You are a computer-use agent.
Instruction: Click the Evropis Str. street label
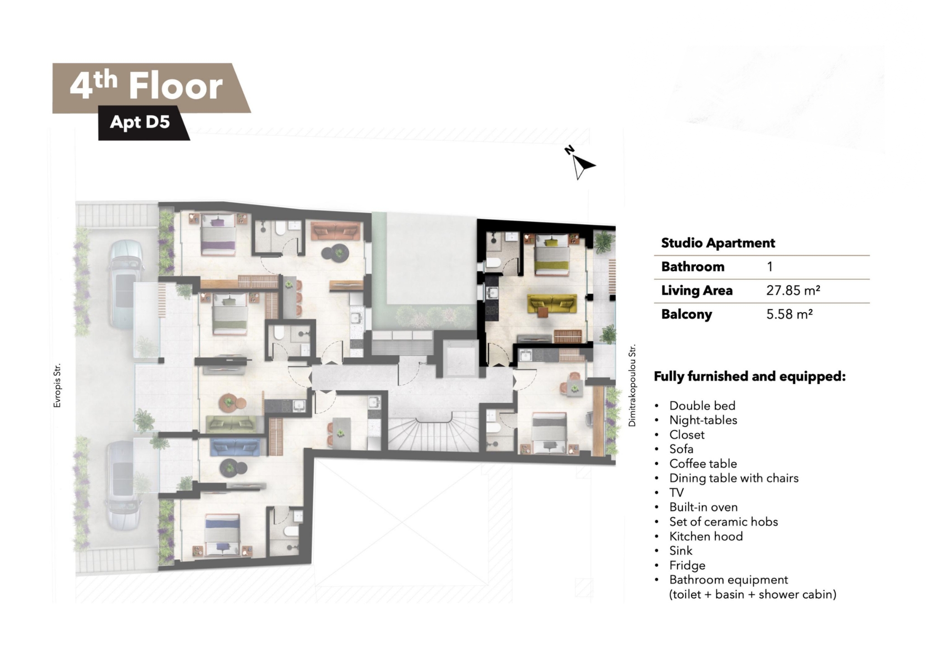pyautogui.click(x=57, y=386)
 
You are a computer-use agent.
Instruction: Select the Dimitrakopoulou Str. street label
pyautogui.click(x=632, y=386)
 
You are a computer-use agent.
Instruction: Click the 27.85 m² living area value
pyautogui.click(x=793, y=291)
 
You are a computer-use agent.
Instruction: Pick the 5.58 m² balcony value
pyautogui.click(x=789, y=314)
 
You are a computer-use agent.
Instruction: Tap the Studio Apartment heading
pyautogui.click(x=718, y=243)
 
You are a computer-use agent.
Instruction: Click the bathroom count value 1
pyautogui.click(x=770, y=267)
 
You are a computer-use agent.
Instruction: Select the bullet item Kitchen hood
pyautogui.click(x=706, y=536)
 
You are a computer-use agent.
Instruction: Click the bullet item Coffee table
pyautogui.click(x=703, y=464)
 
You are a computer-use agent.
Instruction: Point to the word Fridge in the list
pyautogui.click(x=687, y=565)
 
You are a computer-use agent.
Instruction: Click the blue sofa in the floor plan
pyautogui.click(x=235, y=447)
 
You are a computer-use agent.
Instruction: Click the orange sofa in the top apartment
pyautogui.click(x=335, y=231)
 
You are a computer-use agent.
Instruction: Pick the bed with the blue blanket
pyautogui.click(x=222, y=535)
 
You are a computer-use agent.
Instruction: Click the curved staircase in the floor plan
pyautogui.click(x=433, y=434)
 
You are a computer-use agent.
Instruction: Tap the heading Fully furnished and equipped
pyautogui.click(x=750, y=376)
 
